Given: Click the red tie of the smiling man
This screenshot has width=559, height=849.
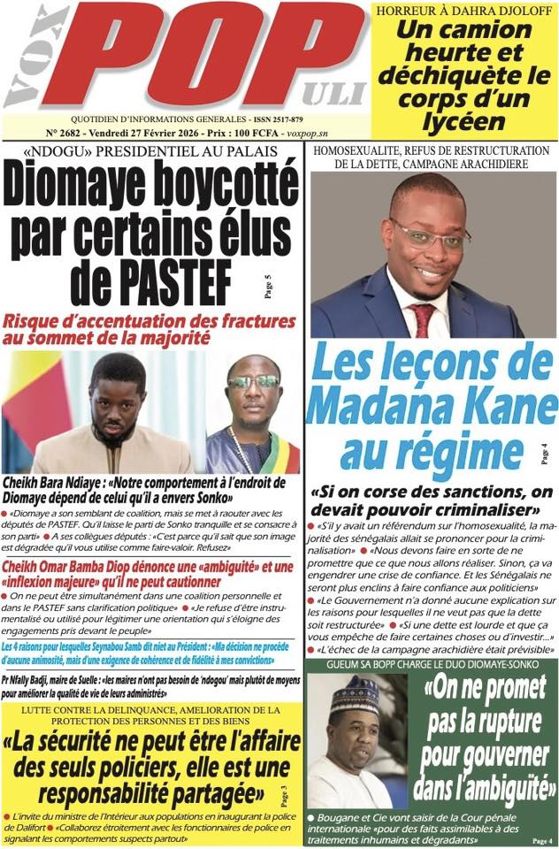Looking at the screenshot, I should tap(423, 318).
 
